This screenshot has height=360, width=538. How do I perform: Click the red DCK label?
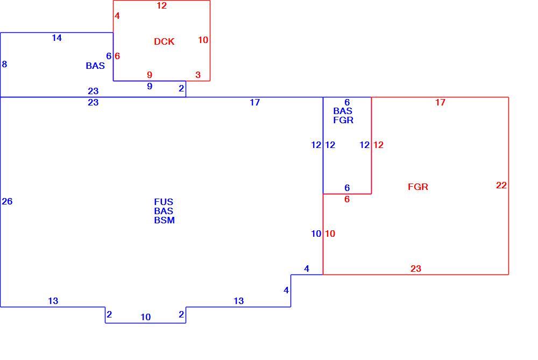164,41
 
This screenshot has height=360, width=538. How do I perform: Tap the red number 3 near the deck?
198,75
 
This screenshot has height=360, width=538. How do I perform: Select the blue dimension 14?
56,38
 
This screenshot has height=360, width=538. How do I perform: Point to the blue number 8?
4,64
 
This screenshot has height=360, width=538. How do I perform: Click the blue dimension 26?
7,201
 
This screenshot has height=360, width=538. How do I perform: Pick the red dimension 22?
501,185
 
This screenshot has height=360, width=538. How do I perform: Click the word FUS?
164,202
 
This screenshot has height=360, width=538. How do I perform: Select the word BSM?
164,220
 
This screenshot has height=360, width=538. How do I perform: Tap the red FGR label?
418,187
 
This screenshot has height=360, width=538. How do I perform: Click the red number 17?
440,102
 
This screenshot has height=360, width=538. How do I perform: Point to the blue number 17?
254,102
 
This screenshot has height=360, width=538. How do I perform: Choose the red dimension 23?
415,269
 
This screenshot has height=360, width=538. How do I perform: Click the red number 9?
149,75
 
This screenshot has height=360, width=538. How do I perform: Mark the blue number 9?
150,86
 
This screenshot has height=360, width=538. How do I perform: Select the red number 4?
117,16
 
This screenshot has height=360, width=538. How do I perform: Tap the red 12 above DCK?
161,5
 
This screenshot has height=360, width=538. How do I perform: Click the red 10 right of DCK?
203,40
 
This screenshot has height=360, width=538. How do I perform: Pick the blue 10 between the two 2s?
145,317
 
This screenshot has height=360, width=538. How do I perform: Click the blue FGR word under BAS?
343,120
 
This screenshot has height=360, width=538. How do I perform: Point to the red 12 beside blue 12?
378,145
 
